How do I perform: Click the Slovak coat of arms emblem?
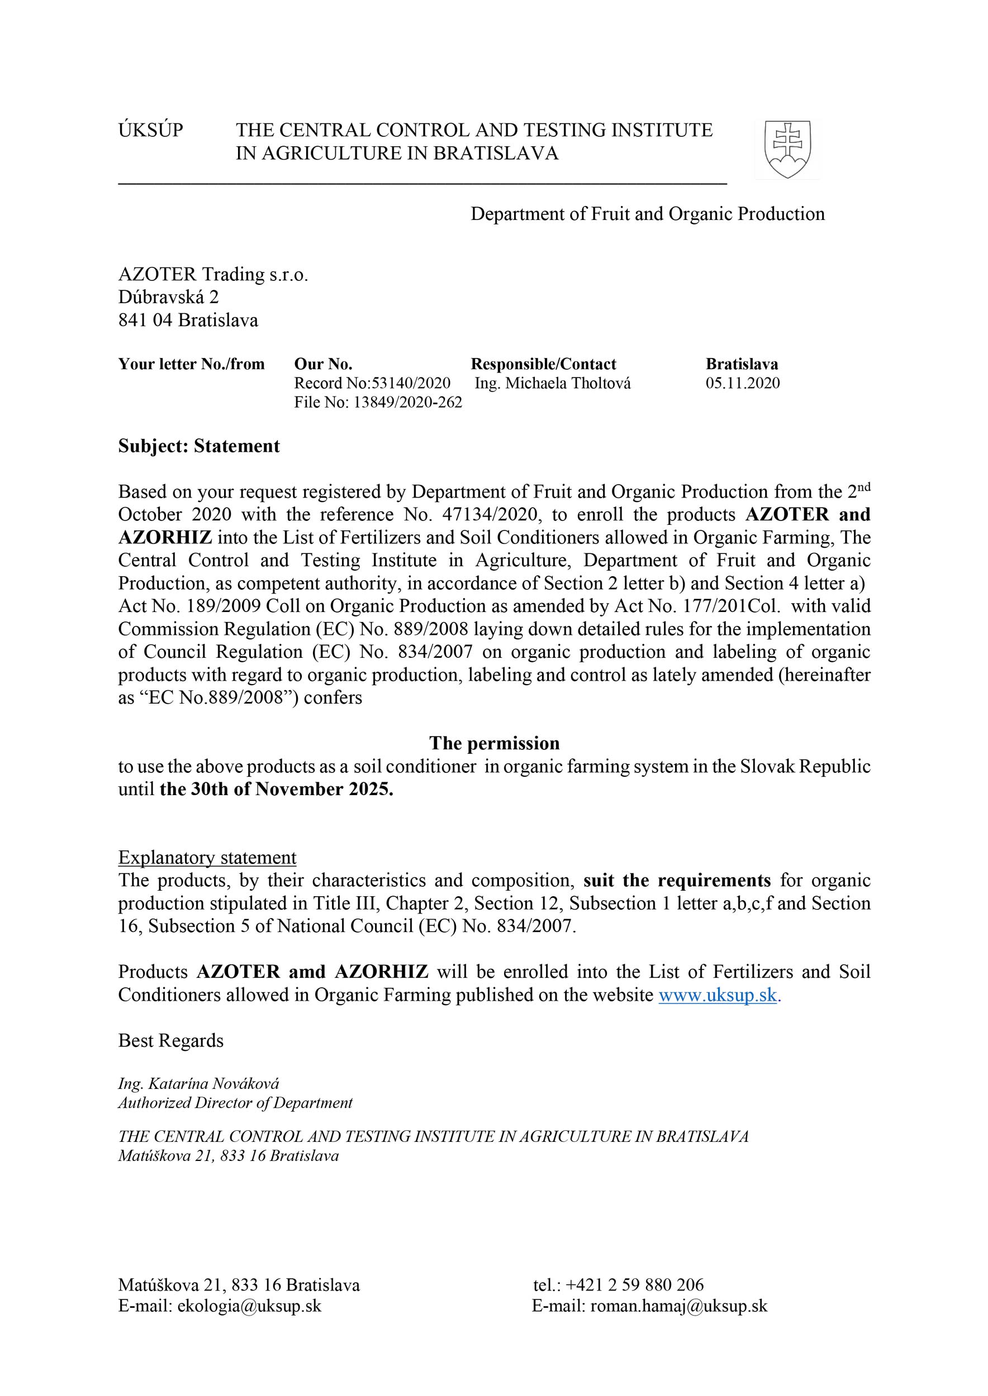coord(787,149)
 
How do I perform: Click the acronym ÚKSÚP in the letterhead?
coord(150,130)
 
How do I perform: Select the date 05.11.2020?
coord(742,383)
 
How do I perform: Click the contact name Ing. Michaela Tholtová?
coord(553,383)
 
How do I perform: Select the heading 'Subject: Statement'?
coord(199,446)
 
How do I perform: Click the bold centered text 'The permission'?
coord(494,743)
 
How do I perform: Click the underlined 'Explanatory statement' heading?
coord(207,857)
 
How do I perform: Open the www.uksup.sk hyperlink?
coord(718,995)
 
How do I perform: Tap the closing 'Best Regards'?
coord(171,1040)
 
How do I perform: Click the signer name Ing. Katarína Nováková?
coord(198,1083)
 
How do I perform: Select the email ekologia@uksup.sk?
coord(249,1306)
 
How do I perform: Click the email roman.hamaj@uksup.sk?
coord(678,1306)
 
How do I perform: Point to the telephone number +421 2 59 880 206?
coord(634,1285)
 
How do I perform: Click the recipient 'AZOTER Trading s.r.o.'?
coord(213,274)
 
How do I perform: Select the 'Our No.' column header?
coord(323,364)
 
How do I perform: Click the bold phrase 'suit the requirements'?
coord(677,881)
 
